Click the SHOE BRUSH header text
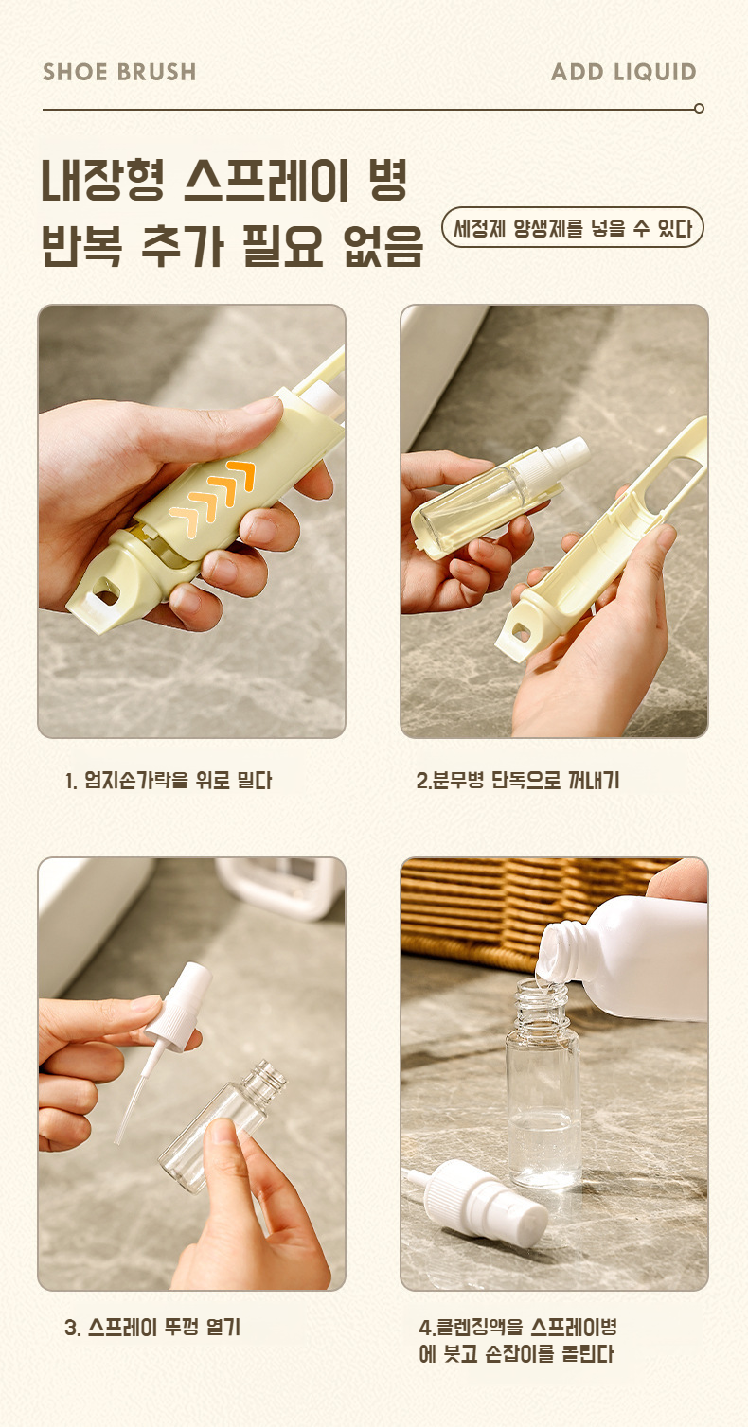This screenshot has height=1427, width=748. [x=119, y=72]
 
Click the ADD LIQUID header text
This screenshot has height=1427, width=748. [x=623, y=72]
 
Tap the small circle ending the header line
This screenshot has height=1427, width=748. [x=699, y=108]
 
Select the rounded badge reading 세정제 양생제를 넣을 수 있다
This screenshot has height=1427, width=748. [x=572, y=227]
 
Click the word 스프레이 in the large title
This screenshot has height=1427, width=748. [x=267, y=180]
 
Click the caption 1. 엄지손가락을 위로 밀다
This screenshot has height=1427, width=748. [x=169, y=780]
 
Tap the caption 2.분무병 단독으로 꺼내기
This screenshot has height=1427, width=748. [x=517, y=780]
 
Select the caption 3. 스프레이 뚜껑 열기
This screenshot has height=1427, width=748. [x=152, y=1327]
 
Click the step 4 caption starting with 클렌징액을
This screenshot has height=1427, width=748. [x=517, y=1340]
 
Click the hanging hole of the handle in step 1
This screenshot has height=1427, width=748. [x=106, y=593]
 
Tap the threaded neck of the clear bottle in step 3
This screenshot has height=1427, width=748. [x=262, y=1081]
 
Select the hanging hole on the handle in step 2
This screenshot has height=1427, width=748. [x=521, y=632]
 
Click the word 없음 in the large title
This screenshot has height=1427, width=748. [x=383, y=246]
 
